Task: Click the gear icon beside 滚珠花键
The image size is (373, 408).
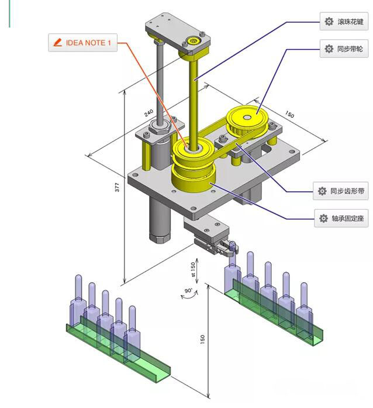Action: tap(329, 23)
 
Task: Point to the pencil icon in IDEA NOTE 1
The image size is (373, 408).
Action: tap(57, 43)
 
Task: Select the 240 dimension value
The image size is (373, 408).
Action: tap(148, 114)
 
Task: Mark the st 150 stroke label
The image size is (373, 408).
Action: tap(193, 269)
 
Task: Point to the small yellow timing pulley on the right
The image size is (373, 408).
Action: tap(246, 121)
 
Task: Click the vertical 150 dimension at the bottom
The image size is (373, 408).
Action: tap(202, 340)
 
